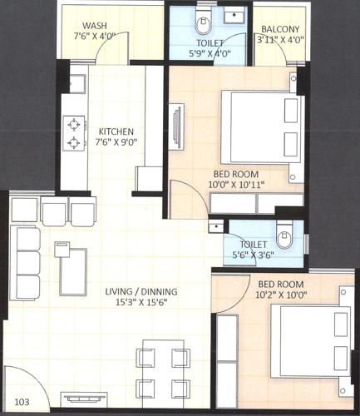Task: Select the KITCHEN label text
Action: pos(117,131)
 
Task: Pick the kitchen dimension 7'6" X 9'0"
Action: pos(117,142)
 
